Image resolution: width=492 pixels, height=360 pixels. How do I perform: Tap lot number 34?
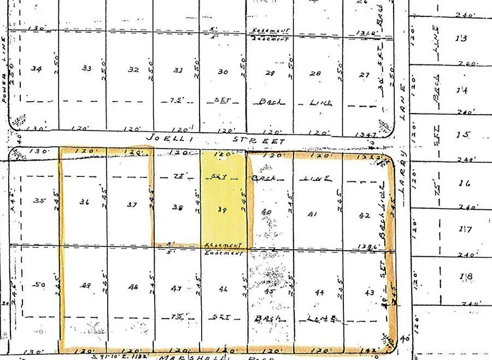(37, 69)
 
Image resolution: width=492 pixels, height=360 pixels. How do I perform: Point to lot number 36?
(84, 202)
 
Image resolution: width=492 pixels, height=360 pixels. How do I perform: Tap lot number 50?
(38, 285)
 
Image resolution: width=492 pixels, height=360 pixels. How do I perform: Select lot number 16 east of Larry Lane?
(465, 183)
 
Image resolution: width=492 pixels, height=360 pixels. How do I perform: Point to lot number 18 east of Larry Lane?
(466, 277)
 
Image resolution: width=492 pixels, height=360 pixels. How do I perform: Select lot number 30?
(223, 72)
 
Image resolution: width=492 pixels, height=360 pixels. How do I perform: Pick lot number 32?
(133, 70)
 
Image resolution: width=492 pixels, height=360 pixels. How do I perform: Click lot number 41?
(313, 215)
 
